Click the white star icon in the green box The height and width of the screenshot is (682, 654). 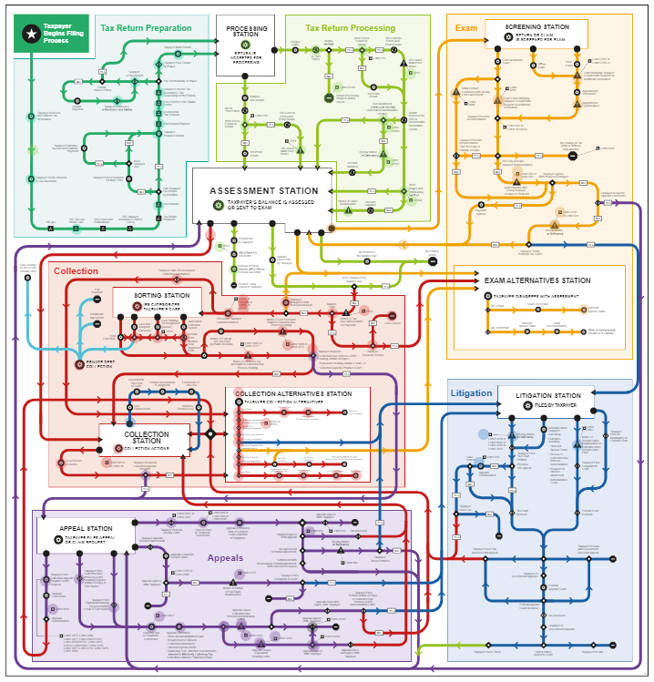[x=31, y=34]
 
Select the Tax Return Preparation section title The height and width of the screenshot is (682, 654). [x=146, y=28]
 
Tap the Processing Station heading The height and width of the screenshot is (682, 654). [x=245, y=34]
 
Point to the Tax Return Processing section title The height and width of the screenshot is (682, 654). [x=350, y=28]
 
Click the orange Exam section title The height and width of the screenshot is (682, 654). [x=466, y=28]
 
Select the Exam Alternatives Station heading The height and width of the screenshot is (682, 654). [x=537, y=280]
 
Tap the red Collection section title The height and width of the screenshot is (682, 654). [x=76, y=271]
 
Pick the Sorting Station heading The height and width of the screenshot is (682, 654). [x=162, y=296]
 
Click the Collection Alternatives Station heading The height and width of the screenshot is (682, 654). [x=293, y=394]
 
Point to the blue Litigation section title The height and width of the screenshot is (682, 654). [x=471, y=393]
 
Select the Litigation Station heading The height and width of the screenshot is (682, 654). [x=547, y=396]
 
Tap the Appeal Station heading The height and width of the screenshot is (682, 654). [x=86, y=529]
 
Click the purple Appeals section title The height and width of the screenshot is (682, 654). [x=225, y=558]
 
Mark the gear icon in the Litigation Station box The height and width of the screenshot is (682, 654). [x=529, y=404]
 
